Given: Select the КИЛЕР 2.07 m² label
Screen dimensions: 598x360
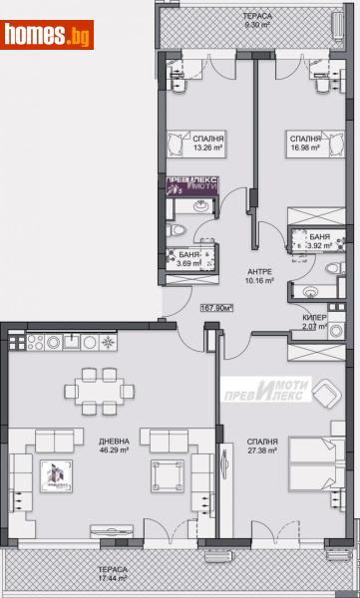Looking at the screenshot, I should [x=316, y=323].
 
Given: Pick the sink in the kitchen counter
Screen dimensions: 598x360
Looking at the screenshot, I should [x=74, y=342].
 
